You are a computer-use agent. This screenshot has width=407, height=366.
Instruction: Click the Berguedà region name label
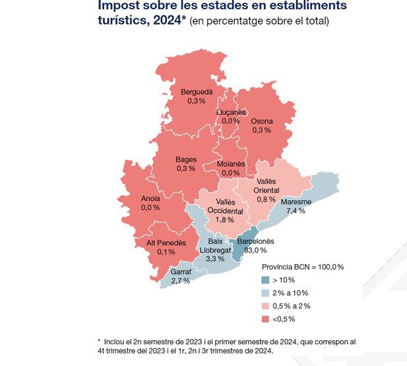point(197,91)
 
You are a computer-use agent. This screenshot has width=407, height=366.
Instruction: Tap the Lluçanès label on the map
point(231,112)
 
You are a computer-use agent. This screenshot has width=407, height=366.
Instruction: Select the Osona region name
point(261,121)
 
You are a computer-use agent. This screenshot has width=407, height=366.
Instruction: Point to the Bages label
point(186,159)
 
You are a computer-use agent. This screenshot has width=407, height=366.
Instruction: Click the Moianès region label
point(231,164)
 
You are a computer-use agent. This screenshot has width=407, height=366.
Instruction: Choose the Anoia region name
point(150,198)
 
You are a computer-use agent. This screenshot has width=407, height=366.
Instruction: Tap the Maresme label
point(295,201)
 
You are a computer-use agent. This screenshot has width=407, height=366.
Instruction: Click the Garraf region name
point(181,272)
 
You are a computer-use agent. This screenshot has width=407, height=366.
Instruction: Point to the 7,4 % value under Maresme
point(295,211)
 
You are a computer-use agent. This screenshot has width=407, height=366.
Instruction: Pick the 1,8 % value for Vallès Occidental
point(225,220)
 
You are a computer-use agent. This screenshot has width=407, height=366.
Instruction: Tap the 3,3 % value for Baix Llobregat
point(215,260)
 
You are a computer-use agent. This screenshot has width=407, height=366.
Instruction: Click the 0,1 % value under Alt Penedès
point(166,252)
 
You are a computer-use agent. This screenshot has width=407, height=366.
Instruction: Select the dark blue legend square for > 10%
point(266,279)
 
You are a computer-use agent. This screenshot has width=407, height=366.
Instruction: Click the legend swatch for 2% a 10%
point(266,293)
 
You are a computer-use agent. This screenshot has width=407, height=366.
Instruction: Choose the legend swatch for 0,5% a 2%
point(266,306)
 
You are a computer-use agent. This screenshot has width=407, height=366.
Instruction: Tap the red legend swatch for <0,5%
point(266,319)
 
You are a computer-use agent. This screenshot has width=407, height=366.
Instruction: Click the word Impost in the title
point(121,7)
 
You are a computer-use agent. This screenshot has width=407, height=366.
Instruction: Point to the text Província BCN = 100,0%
point(302,267)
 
